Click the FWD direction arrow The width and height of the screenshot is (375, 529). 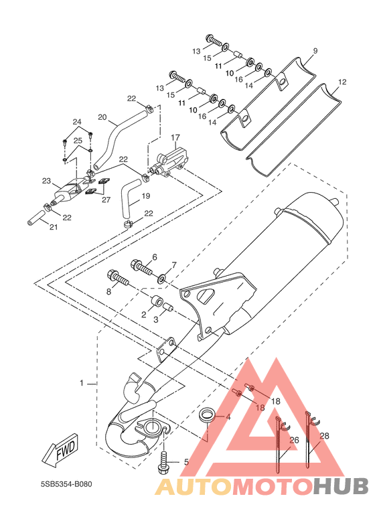coord(60,450)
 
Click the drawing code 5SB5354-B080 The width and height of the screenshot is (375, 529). coord(66,484)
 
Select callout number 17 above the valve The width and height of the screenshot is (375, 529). coord(175,138)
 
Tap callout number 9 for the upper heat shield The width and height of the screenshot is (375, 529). coord(315,51)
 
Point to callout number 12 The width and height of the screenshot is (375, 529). coord(342,82)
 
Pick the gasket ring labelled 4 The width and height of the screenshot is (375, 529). coord(206,414)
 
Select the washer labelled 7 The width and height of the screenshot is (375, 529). coord(161,279)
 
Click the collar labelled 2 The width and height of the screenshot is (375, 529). coord(156,301)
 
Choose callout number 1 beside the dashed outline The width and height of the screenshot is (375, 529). coord(81,383)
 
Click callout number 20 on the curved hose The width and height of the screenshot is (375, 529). coord(102,117)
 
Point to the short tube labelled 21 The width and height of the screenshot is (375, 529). coord(36,218)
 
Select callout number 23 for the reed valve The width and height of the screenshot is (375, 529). coord(46,181)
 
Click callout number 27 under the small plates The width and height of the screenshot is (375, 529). coord(106,200)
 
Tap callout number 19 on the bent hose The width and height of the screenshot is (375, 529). coord(146,196)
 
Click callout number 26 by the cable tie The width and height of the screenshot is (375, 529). coord(295,440)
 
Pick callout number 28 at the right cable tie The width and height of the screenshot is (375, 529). coord(324,436)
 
